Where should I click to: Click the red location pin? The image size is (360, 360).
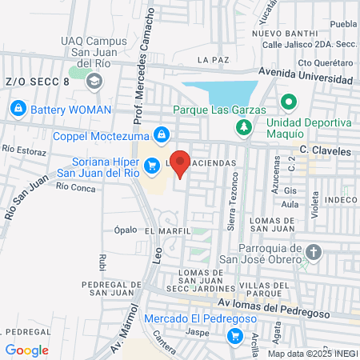[x=181, y=163]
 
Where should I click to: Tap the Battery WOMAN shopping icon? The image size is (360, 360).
[x=18, y=106]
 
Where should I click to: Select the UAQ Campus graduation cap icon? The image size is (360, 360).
[x=95, y=81]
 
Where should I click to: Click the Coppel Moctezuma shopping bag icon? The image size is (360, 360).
[x=162, y=134]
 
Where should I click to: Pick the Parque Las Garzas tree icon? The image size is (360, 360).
[x=246, y=126]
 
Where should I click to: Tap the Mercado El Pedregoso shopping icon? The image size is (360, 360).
[x=234, y=336]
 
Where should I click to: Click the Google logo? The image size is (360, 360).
[x=26, y=350]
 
